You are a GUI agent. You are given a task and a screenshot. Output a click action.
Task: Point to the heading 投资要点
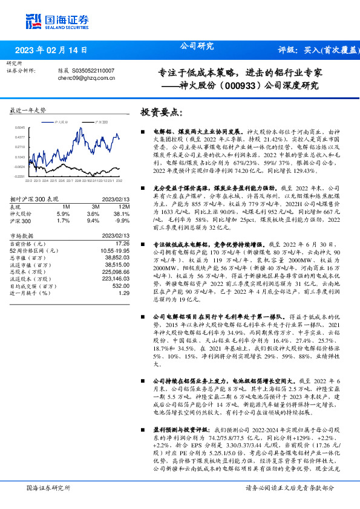161,112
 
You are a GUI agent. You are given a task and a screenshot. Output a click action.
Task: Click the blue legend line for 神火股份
51,122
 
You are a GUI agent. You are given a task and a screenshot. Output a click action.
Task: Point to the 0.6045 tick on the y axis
20,128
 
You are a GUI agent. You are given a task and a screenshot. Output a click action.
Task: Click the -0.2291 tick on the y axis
20,176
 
